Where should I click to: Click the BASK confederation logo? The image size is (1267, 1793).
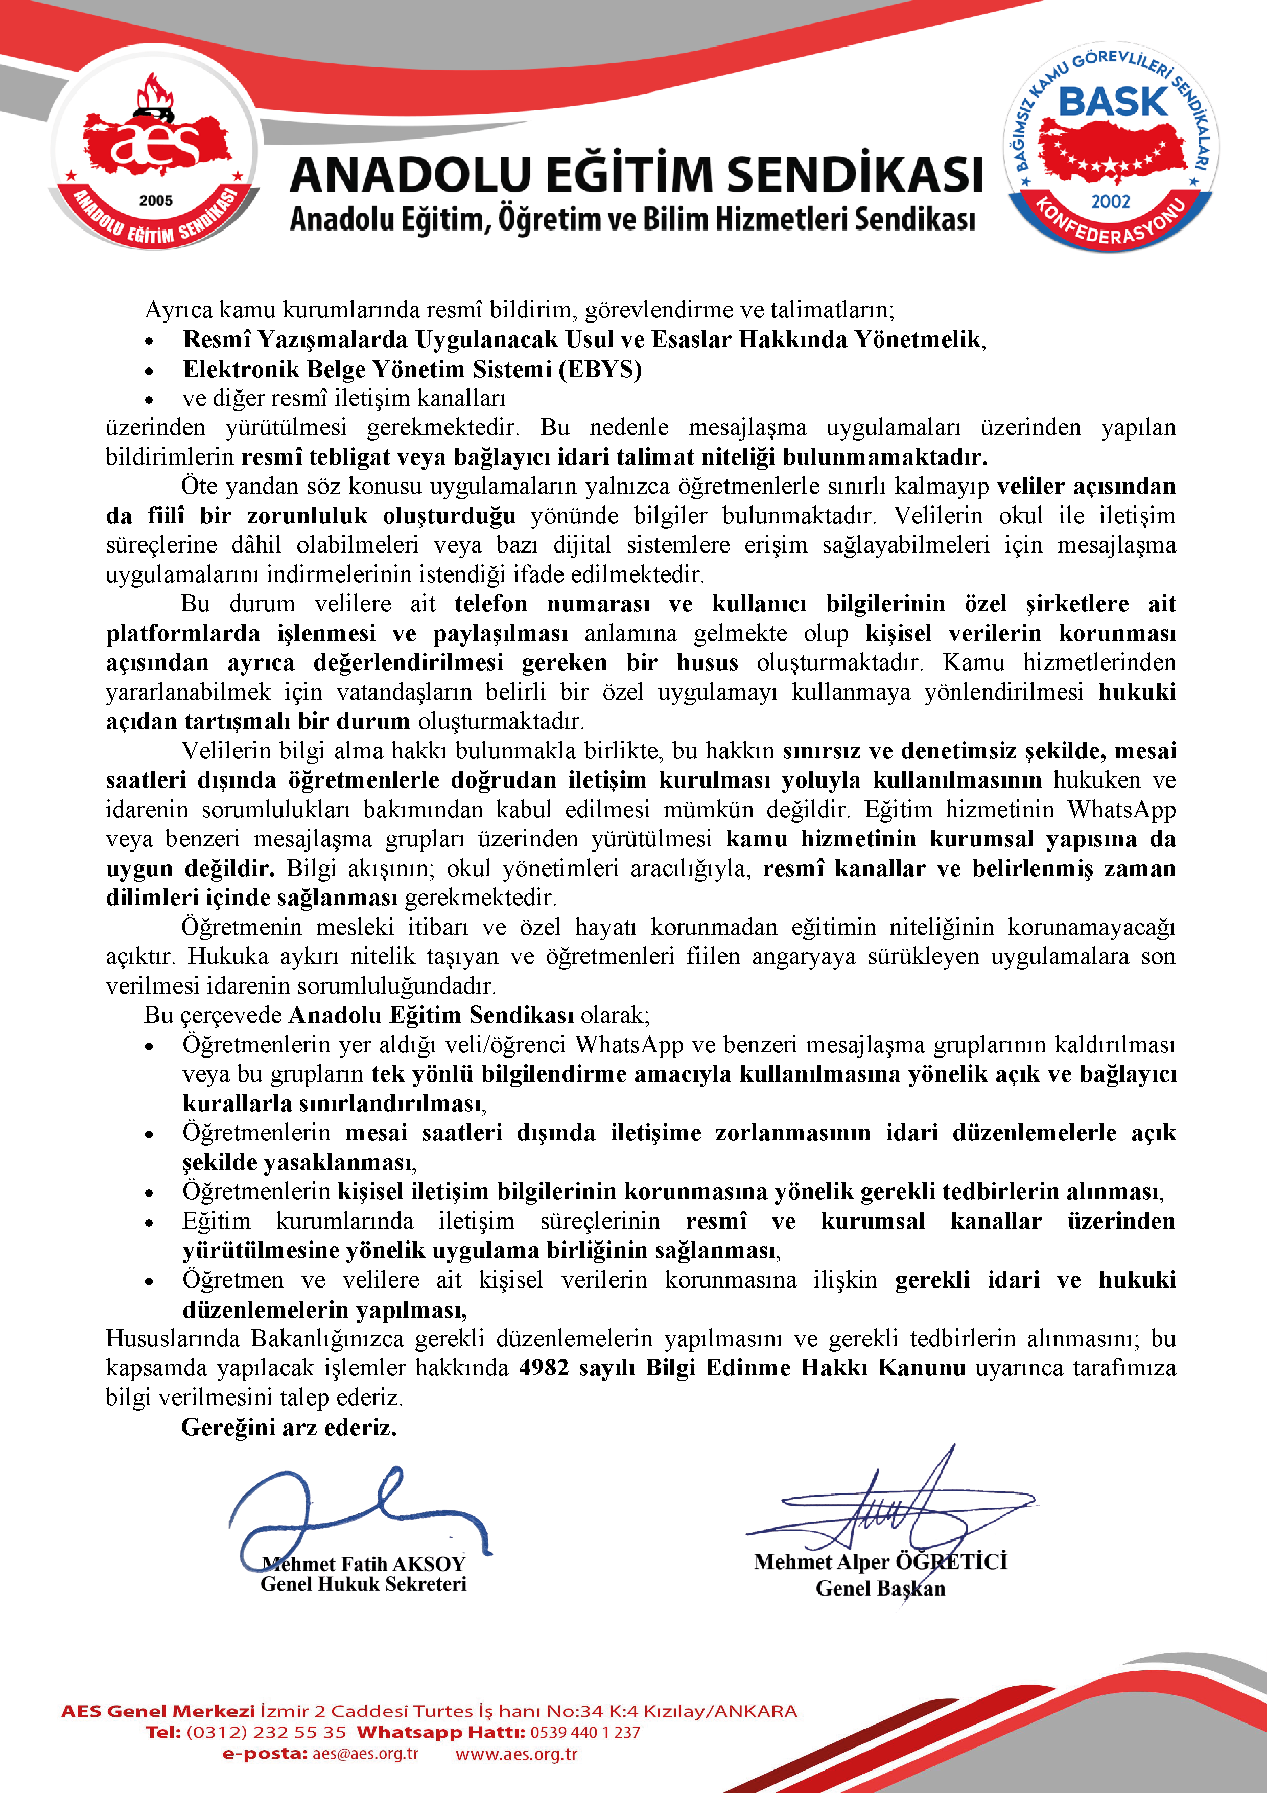coord(1110,147)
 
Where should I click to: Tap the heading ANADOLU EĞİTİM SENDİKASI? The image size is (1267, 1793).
coord(636,174)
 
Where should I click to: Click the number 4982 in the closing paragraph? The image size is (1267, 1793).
coord(544,1367)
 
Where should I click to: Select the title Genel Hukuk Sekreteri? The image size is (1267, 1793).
coord(363,1584)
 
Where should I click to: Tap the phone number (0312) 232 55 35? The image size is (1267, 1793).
coord(266,1732)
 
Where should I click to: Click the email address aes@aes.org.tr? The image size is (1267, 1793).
coord(365,1753)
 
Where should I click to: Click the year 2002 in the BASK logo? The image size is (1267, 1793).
coord(1110,201)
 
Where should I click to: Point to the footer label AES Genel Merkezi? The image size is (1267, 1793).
coord(158,1711)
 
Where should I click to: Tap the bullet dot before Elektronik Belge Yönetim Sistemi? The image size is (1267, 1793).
coord(148,371)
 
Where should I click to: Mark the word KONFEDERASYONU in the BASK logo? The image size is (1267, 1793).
coord(1110,226)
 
